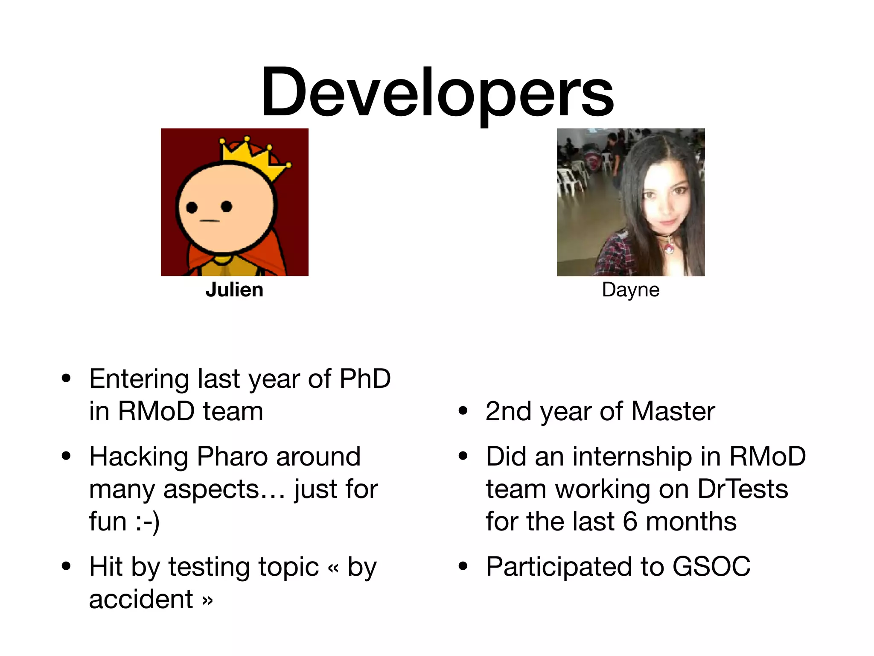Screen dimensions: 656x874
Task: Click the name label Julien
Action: click(234, 290)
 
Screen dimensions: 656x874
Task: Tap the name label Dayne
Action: click(630, 290)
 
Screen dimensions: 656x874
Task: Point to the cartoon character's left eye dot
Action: click(192, 208)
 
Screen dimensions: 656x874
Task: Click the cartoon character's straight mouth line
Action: click(210, 221)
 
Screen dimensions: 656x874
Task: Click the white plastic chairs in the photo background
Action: click(570, 179)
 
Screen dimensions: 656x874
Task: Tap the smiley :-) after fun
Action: click(148, 522)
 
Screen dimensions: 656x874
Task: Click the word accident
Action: click(141, 599)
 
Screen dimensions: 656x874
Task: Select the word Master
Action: click(673, 412)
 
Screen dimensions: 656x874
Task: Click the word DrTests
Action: click(743, 489)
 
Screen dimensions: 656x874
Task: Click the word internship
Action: click(632, 457)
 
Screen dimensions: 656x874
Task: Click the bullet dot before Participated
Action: click(463, 567)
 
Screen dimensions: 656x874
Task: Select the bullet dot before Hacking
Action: click(66, 456)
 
